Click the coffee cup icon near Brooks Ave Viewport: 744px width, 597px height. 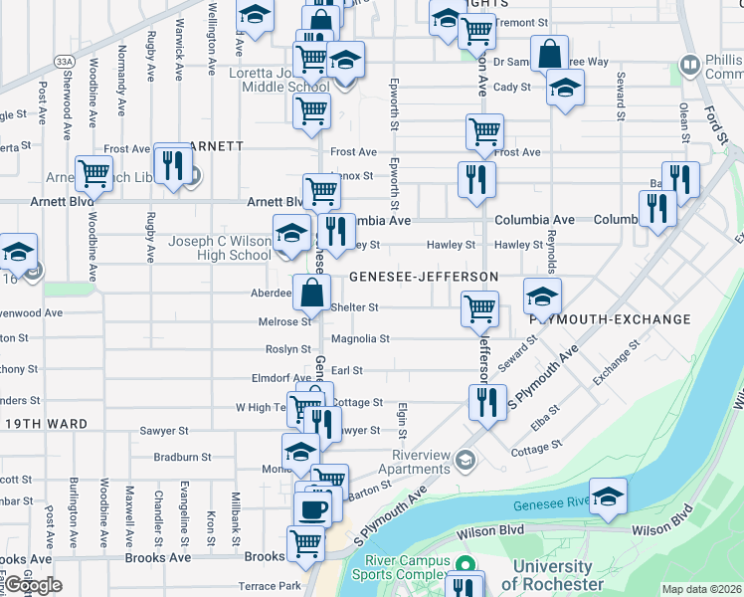[313, 509]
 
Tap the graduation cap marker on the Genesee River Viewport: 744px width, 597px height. [608, 497]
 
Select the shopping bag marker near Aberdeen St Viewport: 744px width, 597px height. [312, 292]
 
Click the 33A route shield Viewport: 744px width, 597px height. [66, 62]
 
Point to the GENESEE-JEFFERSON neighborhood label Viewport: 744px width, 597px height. [423, 276]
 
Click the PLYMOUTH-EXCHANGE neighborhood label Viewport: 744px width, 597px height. [610, 319]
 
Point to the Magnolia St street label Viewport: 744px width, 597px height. [360, 338]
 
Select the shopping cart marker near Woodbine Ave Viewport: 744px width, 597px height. [93, 173]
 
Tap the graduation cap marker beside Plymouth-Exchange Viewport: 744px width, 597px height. [542, 296]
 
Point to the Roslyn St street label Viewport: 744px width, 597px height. [288, 349]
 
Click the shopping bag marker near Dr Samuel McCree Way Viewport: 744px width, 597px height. [548, 53]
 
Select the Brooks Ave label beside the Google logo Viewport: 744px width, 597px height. [157, 558]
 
